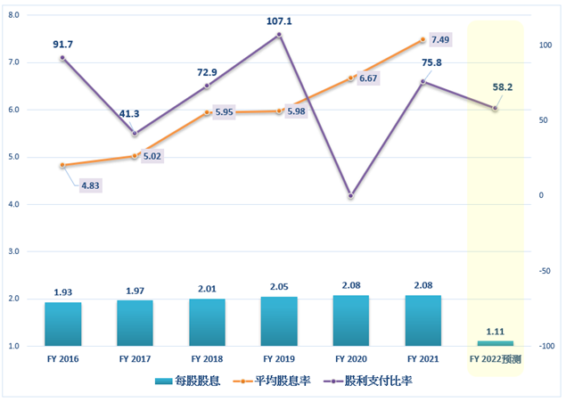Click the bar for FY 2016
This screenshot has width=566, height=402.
tap(62, 324)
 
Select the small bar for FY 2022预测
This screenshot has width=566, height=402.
tap(496, 343)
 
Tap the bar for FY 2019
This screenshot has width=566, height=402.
tap(279, 321)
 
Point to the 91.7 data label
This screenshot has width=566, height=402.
tap(62, 43)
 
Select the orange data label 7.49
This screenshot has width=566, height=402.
tap(439, 40)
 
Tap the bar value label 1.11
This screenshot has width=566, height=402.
tap(496, 330)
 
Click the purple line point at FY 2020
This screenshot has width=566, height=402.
tap(351, 195)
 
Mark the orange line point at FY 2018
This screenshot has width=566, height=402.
tap(207, 112)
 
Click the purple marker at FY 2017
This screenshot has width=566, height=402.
tap(135, 134)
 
